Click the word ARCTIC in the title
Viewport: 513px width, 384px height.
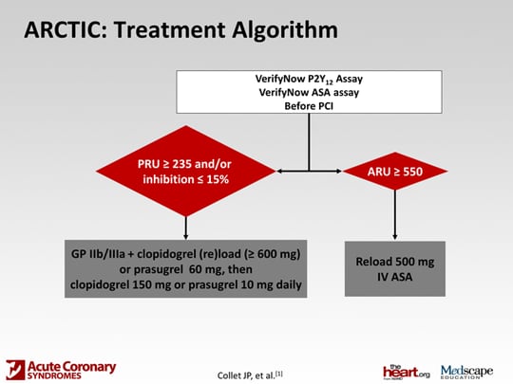tap(66, 29)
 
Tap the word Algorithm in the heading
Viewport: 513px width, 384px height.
tap(285, 31)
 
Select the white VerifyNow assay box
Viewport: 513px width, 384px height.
tap(309, 92)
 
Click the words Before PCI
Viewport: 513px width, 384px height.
tap(309, 106)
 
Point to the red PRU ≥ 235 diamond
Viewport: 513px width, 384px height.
tap(186, 171)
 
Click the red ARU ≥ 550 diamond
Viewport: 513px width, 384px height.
tap(395, 171)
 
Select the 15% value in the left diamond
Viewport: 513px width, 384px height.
tap(218, 179)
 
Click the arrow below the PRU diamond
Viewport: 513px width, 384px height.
tap(186, 228)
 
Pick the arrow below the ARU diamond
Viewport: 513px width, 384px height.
tap(395, 215)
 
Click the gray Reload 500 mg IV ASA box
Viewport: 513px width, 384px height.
tap(395, 268)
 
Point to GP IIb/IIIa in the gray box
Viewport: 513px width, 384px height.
tap(98, 254)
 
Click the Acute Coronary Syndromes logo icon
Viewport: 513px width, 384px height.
tap(15, 370)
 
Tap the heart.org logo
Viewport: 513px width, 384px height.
tap(406, 372)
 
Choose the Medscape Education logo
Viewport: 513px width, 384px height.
tap(466, 372)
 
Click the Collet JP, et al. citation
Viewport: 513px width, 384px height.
tap(250, 375)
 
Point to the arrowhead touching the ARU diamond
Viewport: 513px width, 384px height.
tap(338, 171)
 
